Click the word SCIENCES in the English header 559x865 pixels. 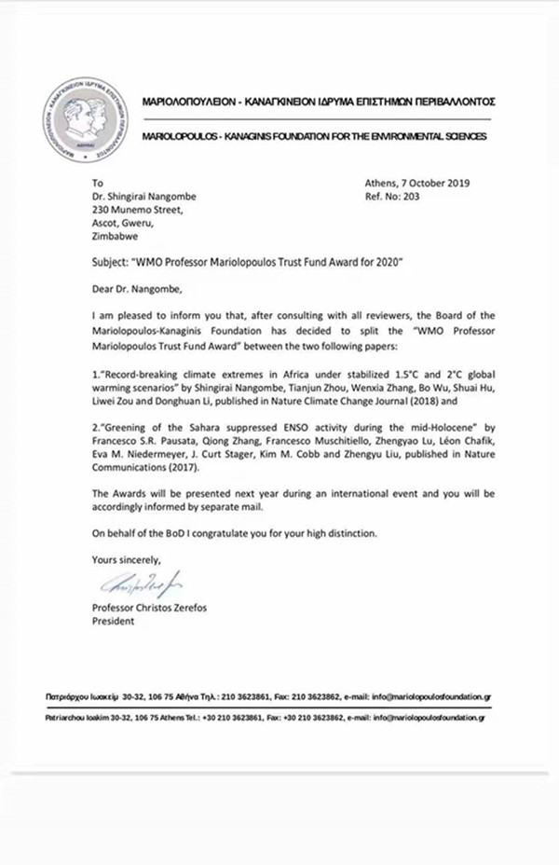coord(456,137)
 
